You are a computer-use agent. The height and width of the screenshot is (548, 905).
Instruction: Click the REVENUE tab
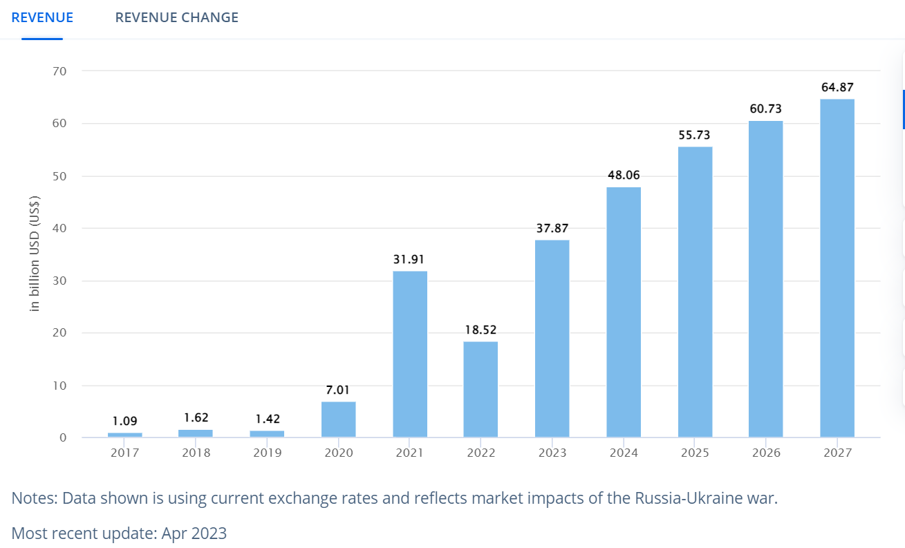click(x=42, y=17)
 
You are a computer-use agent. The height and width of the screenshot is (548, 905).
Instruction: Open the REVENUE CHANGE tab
click(x=176, y=17)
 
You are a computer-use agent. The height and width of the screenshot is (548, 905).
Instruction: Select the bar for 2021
click(x=410, y=354)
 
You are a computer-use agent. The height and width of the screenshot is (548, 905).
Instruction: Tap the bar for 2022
click(x=481, y=389)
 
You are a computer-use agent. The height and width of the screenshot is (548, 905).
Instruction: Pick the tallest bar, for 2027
click(x=837, y=268)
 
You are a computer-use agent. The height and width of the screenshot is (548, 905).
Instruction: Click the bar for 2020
click(x=339, y=419)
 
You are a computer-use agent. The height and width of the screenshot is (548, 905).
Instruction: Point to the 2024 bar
click(x=624, y=312)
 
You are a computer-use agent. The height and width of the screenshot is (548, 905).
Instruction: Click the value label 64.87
click(x=837, y=87)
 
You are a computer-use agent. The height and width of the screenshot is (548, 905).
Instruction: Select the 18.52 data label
click(x=481, y=330)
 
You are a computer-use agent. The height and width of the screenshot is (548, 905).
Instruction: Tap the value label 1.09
click(x=125, y=421)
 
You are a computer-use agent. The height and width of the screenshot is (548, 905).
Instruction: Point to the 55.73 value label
click(x=695, y=135)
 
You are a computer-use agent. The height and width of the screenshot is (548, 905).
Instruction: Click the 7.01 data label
click(x=339, y=390)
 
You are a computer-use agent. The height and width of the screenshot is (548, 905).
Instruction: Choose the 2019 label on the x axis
click(x=267, y=453)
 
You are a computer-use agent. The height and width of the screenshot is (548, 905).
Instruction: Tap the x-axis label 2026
click(x=766, y=453)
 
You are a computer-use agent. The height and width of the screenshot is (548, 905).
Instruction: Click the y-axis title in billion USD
click(x=35, y=254)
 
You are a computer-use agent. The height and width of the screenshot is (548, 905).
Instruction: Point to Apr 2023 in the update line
click(x=194, y=533)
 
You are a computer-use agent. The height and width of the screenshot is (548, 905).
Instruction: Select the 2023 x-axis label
click(x=552, y=453)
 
